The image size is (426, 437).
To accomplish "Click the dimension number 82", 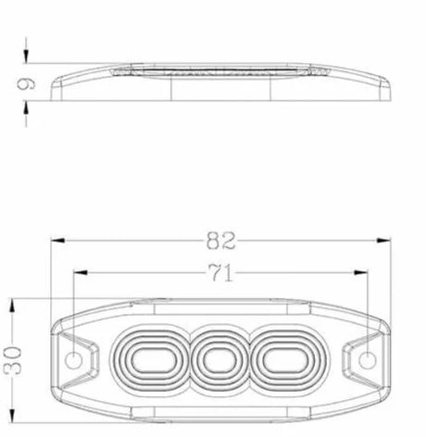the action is tap(221, 241).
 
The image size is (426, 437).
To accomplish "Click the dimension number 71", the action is tap(220, 273).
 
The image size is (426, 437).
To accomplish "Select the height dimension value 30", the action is tap(13, 360).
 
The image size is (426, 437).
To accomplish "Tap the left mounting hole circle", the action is tap(74, 360).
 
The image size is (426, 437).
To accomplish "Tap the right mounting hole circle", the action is tap(368, 360).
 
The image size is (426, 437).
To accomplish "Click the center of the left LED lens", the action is tap(151, 360).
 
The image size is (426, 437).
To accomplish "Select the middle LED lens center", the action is tap(220, 360).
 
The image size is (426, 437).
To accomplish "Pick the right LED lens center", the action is tap(287, 360).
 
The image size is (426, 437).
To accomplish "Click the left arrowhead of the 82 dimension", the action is tap(57, 241).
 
